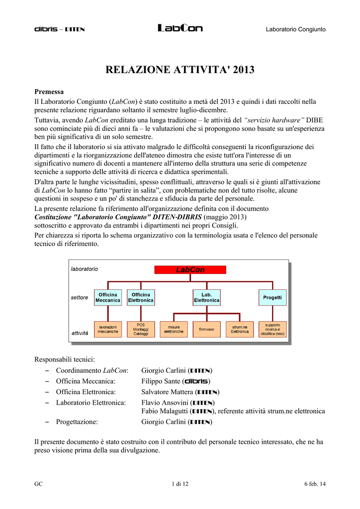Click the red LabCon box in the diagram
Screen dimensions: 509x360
[190, 269]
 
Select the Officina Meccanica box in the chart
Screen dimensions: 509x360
[108, 297]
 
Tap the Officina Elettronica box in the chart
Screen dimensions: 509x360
[141, 297]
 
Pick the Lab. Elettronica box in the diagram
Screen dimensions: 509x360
[206, 297]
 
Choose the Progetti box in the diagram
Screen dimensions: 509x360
[272, 297]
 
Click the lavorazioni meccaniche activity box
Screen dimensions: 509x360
[108, 329]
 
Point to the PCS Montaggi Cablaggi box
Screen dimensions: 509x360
[141, 329]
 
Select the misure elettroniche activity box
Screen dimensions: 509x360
[174, 329]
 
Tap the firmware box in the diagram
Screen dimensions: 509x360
[206, 329]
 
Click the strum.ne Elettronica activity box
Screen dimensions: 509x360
[240, 329]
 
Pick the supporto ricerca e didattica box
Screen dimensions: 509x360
[272, 329]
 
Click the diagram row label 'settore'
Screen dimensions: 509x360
[79, 298]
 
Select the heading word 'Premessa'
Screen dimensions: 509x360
[49, 91]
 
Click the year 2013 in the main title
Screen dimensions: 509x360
[242, 70]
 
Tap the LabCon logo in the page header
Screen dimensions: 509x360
[180, 29]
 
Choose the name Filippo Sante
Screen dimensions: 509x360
[161, 381]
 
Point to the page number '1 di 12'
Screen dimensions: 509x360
[180, 484]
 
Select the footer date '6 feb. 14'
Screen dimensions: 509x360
[315, 484]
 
